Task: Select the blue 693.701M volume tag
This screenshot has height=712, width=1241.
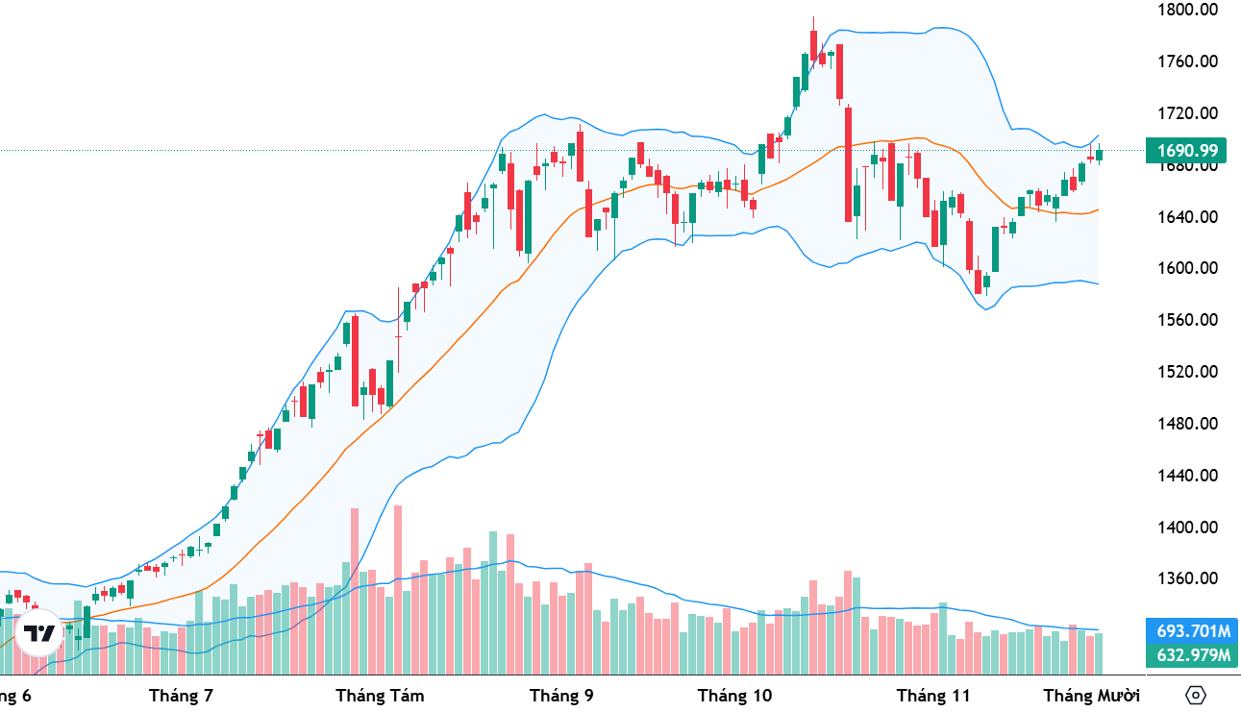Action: coord(1193,631)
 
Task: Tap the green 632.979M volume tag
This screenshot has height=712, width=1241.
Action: coord(1193,655)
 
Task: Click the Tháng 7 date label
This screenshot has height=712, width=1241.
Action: coord(182,695)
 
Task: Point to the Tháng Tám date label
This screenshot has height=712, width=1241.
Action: coord(380,695)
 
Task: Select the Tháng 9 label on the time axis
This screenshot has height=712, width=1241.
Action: coord(561,695)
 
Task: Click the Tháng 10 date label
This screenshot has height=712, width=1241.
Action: coord(734,695)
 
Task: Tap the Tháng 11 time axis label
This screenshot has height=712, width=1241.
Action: coord(932,695)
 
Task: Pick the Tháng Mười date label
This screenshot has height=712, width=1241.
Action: coord(1091,695)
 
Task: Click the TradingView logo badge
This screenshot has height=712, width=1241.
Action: coord(39,633)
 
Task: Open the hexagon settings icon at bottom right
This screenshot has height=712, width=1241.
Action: coord(1196,695)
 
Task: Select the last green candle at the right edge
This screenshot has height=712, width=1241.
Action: coord(1100,155)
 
